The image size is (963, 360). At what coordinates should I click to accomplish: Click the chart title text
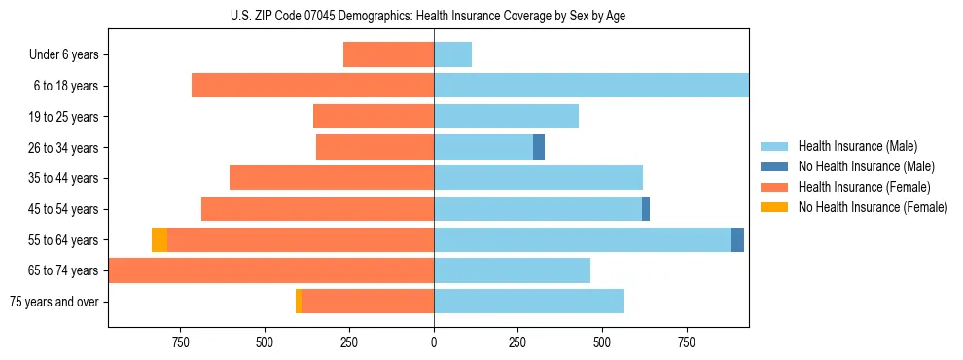(x=435, y=16)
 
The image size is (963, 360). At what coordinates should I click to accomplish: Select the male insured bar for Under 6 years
(x=452, y=54)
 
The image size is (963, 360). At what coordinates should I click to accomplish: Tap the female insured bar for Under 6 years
(x=388, y=54)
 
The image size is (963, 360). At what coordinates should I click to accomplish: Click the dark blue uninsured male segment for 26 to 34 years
(x=539, y=147)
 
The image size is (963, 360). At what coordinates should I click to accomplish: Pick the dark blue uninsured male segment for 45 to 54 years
(x=646, y=209)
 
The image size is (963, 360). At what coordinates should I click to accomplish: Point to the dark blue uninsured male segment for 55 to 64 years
(x=737, y=239)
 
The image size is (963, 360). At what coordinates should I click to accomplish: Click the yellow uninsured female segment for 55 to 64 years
(x=160, y=239)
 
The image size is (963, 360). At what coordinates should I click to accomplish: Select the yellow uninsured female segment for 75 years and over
(x=299, y=302)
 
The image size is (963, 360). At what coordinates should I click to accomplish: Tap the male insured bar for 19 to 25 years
(x=506, y=117)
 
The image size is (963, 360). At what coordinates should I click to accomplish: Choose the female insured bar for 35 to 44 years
(x=332, y=178)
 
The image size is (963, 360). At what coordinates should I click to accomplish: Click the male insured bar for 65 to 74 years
(x=512, y=270)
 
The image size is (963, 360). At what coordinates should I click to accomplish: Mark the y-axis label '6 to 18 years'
(x=65, y=86)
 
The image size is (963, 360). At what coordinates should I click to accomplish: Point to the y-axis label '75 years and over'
(x=53, y=302)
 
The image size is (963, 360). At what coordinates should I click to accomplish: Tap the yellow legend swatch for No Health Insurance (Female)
(x=774, y=207)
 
